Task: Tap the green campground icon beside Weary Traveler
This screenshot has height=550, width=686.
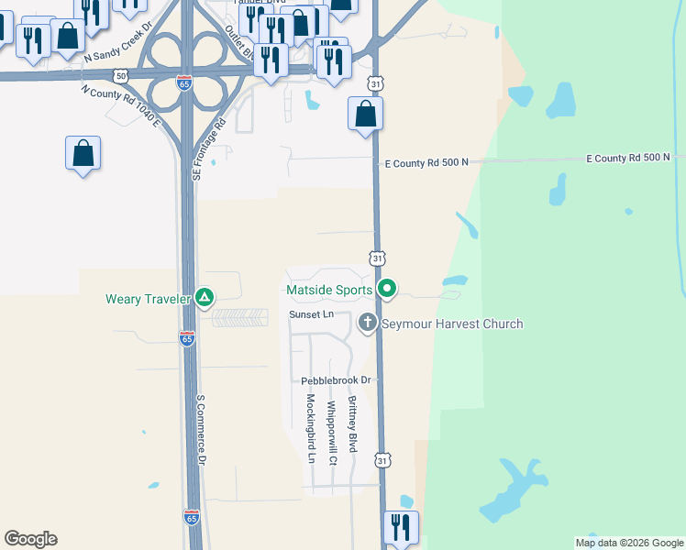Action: pos(205,298)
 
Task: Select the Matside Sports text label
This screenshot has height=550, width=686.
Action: pos(329,291)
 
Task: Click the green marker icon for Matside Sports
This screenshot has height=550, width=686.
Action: pos(387,290)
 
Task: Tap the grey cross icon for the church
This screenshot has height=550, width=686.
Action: pos(368,322)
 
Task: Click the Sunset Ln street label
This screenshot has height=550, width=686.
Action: pos(310,314)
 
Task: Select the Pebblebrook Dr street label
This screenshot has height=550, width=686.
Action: pos(336,380)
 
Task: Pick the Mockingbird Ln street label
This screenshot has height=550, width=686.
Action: pos(311,428)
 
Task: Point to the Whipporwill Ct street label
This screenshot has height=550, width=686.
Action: pos(332,426)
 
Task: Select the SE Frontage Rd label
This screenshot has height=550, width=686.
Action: pos(207,149)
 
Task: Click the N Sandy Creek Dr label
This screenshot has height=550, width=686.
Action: pos(116,54)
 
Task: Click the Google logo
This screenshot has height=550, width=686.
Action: pos(30,539)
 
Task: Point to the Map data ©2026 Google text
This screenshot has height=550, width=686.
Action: pos(629,543)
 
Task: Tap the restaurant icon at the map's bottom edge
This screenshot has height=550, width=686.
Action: pos(401,527)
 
